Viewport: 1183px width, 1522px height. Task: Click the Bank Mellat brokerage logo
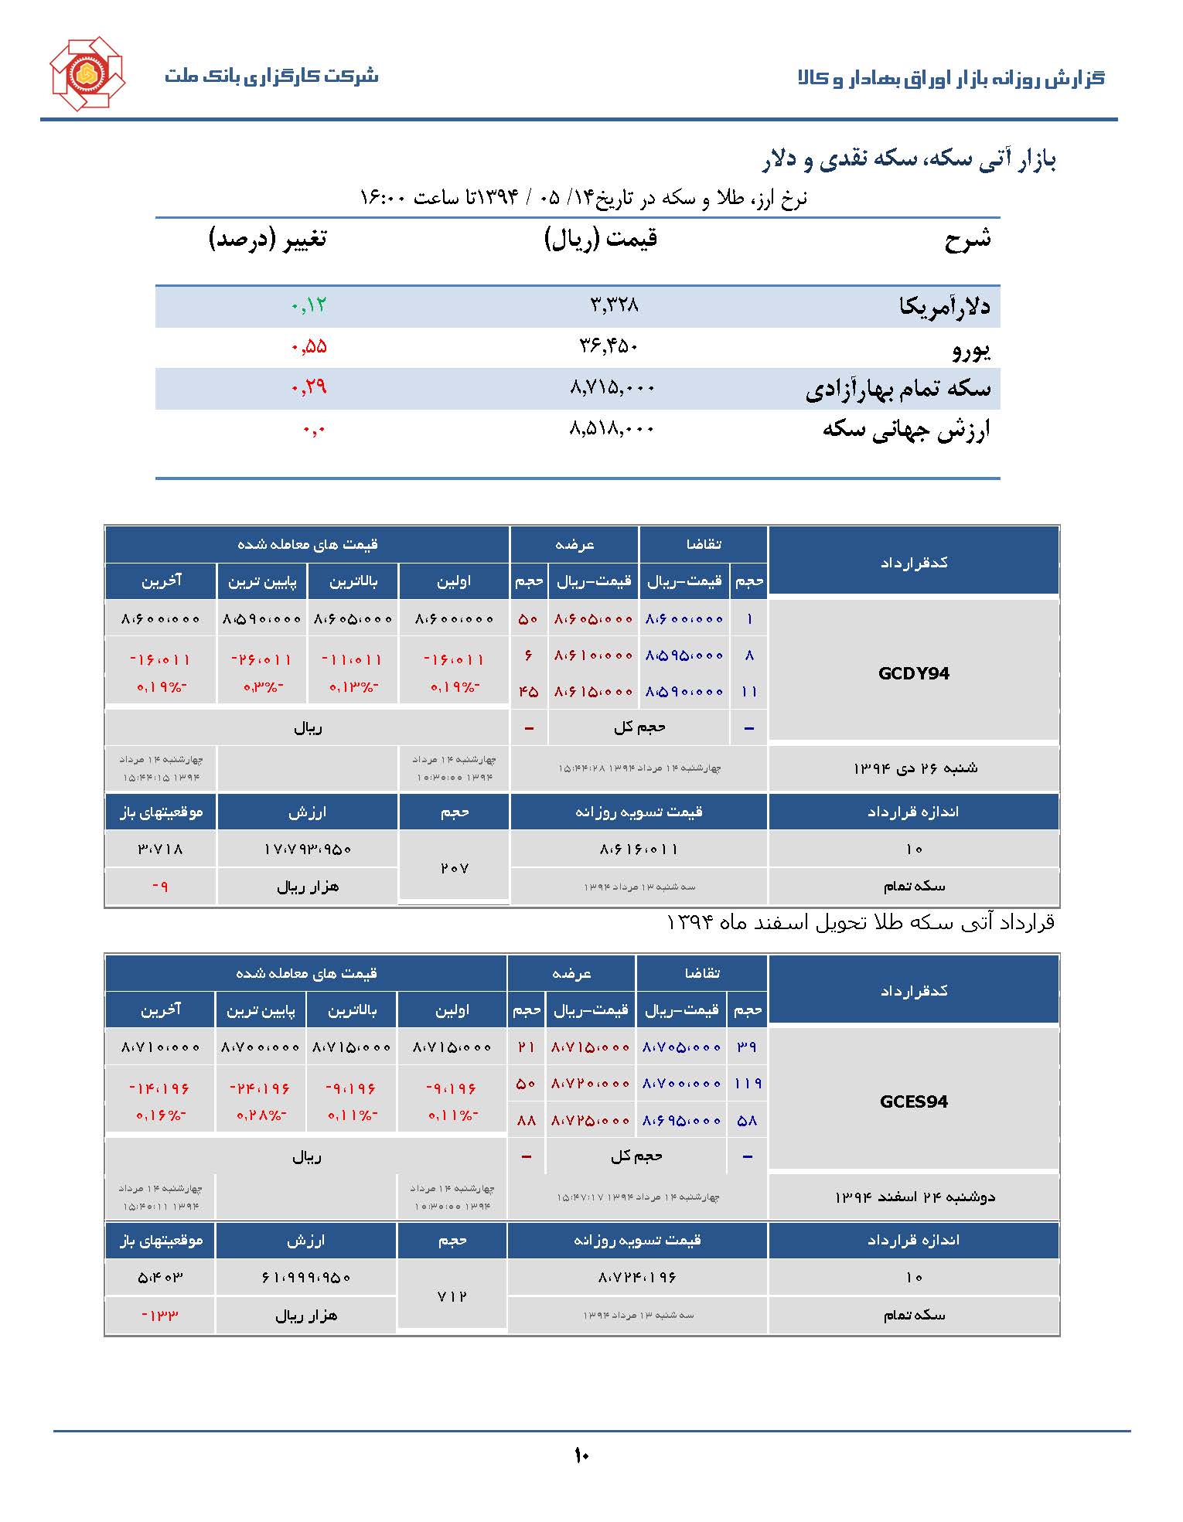(87, 73)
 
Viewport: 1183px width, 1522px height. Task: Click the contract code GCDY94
(913, 673)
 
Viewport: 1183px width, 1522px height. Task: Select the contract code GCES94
(913, 1101)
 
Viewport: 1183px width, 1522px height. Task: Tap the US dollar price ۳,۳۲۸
(614, 305)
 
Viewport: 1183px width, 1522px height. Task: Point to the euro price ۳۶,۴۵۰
(609, 346)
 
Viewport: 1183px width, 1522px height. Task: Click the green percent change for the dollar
(309, 305)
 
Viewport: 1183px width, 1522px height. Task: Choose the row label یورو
(970, 349)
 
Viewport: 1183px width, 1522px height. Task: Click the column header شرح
(967, 239)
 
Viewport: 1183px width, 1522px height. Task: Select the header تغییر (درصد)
(268, 239)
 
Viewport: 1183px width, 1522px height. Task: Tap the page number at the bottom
(581, 1456)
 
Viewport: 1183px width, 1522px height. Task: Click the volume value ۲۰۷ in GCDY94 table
(454, 868)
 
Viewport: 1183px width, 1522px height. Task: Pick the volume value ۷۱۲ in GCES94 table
(452, 1296)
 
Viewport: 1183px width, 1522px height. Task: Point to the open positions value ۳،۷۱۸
(160, 850)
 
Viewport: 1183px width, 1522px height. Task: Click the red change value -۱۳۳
(160, 1315)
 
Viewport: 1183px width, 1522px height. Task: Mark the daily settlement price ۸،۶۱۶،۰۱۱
(638, 850)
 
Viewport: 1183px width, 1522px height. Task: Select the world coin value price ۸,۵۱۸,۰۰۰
(612, 428)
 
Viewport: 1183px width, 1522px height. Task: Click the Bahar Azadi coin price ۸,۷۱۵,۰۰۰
(612, 387)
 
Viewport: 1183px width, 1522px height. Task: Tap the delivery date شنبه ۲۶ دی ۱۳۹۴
(915, 768)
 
